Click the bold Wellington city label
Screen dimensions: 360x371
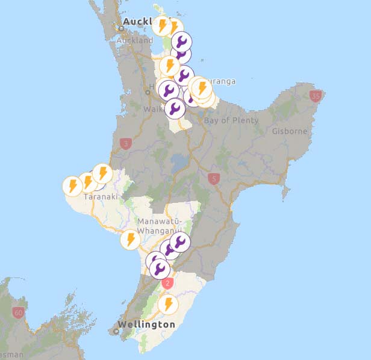click(x=146, y=324)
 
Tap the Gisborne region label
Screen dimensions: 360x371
click(x=290, y=131)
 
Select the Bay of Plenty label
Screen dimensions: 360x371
click(x=231, y=120)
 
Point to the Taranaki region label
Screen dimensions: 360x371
click(x=100, y=196)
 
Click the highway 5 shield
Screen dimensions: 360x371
click(x=213, y=178)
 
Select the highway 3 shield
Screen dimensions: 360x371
click(x=125, y=143)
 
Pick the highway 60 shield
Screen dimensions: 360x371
click(x=18, y=312)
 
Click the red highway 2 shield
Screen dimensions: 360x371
click(x=168, y=283)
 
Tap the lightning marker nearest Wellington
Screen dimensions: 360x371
click(x=168, y=304)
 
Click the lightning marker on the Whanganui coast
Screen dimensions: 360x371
click(x=130, y=240)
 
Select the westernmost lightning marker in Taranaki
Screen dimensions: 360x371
click(x=72, y=185)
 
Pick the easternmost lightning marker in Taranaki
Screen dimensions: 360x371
click(x=102, y=174)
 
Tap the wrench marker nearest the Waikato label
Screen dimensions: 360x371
click(x=175, y=108)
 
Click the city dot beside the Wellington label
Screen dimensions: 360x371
click(x=116, y=331)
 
